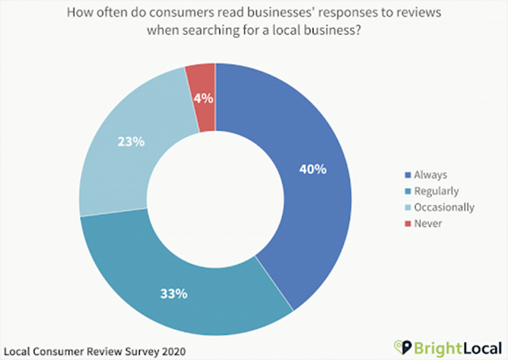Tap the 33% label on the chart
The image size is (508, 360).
coord(174,294)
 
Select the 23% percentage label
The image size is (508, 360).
coord(130,142)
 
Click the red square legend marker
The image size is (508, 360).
coord(408,224)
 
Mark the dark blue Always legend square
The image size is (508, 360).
coord(408,175)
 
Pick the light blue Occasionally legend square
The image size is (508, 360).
coord(408,208)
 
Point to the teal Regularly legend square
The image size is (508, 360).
coord(408,191)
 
